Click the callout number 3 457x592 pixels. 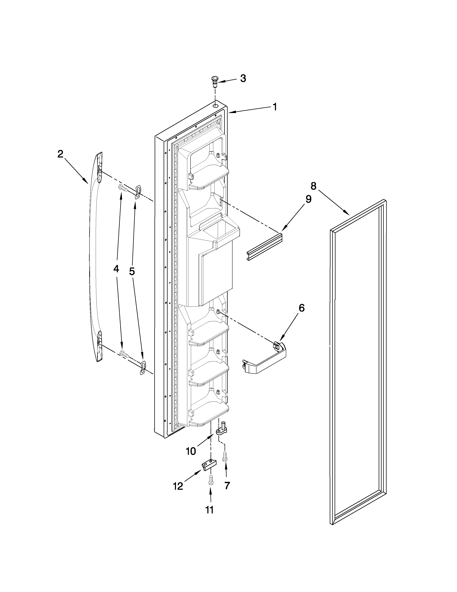(x=243, y=78)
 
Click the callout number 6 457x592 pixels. (x=301, y=308)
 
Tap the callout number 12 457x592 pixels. (x=178, y=486)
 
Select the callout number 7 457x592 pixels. (x=227, y=486)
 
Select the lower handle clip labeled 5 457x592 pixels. (x=143, y=367)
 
